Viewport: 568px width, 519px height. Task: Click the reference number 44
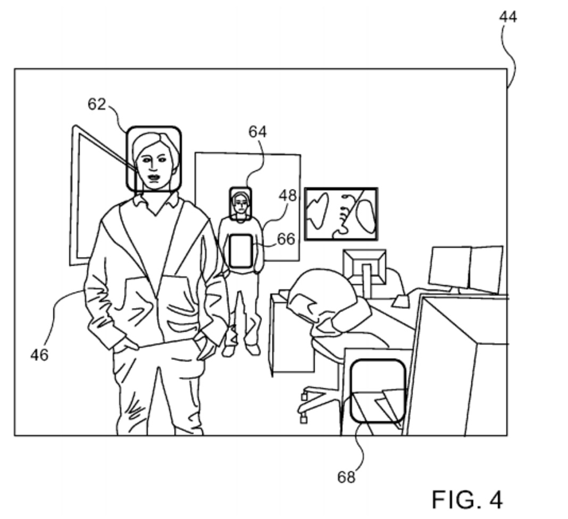click(508, 17)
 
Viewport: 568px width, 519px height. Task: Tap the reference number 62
click(97, 104)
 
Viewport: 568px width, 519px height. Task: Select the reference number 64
click(257, 131)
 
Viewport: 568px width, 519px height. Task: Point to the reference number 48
click(288, 196)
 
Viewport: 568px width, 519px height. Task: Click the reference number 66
click(286, 239)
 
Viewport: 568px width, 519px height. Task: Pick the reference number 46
click(39, 355)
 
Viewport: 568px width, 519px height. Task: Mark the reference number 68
click(346, 477)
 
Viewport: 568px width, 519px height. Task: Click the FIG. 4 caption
click(466, 500)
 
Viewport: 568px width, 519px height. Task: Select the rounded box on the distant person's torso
click(240, 250)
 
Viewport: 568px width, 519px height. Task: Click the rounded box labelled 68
click(378, 391)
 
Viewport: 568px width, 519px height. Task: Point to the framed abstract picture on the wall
click(341, 214)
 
